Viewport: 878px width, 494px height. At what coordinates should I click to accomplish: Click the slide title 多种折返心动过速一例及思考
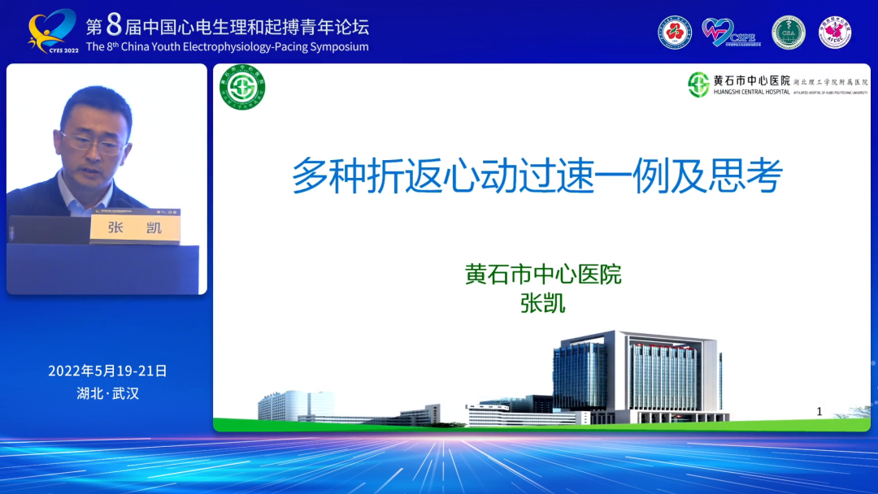click(x=537, y=176)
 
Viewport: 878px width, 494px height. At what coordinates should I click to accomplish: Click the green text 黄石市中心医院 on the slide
click(x=543, y=275)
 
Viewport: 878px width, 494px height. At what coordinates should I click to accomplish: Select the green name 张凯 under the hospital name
click(x=542, y=303)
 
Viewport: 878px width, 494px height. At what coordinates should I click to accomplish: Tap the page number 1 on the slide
click(x=819, y=411)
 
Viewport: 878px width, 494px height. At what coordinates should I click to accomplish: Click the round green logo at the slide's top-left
click(x=243, y=87)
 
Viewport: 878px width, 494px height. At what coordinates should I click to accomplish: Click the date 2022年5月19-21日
click(x=107, y=370)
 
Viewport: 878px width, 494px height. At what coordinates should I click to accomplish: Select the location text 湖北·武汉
click(x=107, y=394)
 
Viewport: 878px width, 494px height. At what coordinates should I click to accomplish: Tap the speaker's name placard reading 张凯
click(x=135, y=227)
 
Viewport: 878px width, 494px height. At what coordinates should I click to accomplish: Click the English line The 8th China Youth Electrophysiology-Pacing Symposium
click(x=227, y=46)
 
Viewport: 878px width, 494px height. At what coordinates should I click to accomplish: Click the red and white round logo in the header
click(x=675, y=32)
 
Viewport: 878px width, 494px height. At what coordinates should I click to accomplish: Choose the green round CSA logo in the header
click(x=788, y=32)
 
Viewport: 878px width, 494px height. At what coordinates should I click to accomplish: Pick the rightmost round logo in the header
click(x=834, y=32)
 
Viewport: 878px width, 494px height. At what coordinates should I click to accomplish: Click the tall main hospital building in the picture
click(x=636, y=375)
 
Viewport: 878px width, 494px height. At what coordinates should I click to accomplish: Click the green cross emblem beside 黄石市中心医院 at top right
click(x=698, y=84)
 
